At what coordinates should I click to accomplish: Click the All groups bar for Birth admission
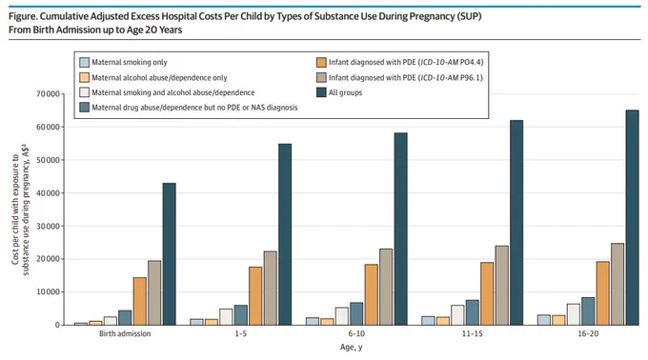(169, 254)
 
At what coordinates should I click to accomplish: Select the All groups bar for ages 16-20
(632, 217)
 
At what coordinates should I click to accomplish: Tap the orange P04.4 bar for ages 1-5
(255, 296)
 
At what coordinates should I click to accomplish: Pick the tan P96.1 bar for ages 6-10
(386, 287)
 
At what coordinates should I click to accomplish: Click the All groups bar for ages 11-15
(516, 223)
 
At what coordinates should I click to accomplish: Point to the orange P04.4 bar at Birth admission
(140, 301)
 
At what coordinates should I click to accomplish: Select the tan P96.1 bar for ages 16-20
(618, 284)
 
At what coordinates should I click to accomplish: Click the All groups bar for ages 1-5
(285, 234)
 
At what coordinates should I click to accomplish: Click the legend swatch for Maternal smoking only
(84, 62)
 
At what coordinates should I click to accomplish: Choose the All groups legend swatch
(321, 92)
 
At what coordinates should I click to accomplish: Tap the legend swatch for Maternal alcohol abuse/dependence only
(84, 77)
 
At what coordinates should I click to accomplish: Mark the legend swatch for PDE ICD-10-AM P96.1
(321, 77)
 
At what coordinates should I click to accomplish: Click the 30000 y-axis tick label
(48, 227)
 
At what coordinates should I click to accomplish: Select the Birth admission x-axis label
(125, 333)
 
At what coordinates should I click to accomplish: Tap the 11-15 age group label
(472, 333)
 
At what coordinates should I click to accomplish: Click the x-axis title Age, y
(351, 348)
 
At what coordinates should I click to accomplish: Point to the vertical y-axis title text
(20, 210)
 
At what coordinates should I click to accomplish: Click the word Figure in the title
(23, 17)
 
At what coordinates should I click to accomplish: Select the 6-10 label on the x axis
(356, 333)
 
